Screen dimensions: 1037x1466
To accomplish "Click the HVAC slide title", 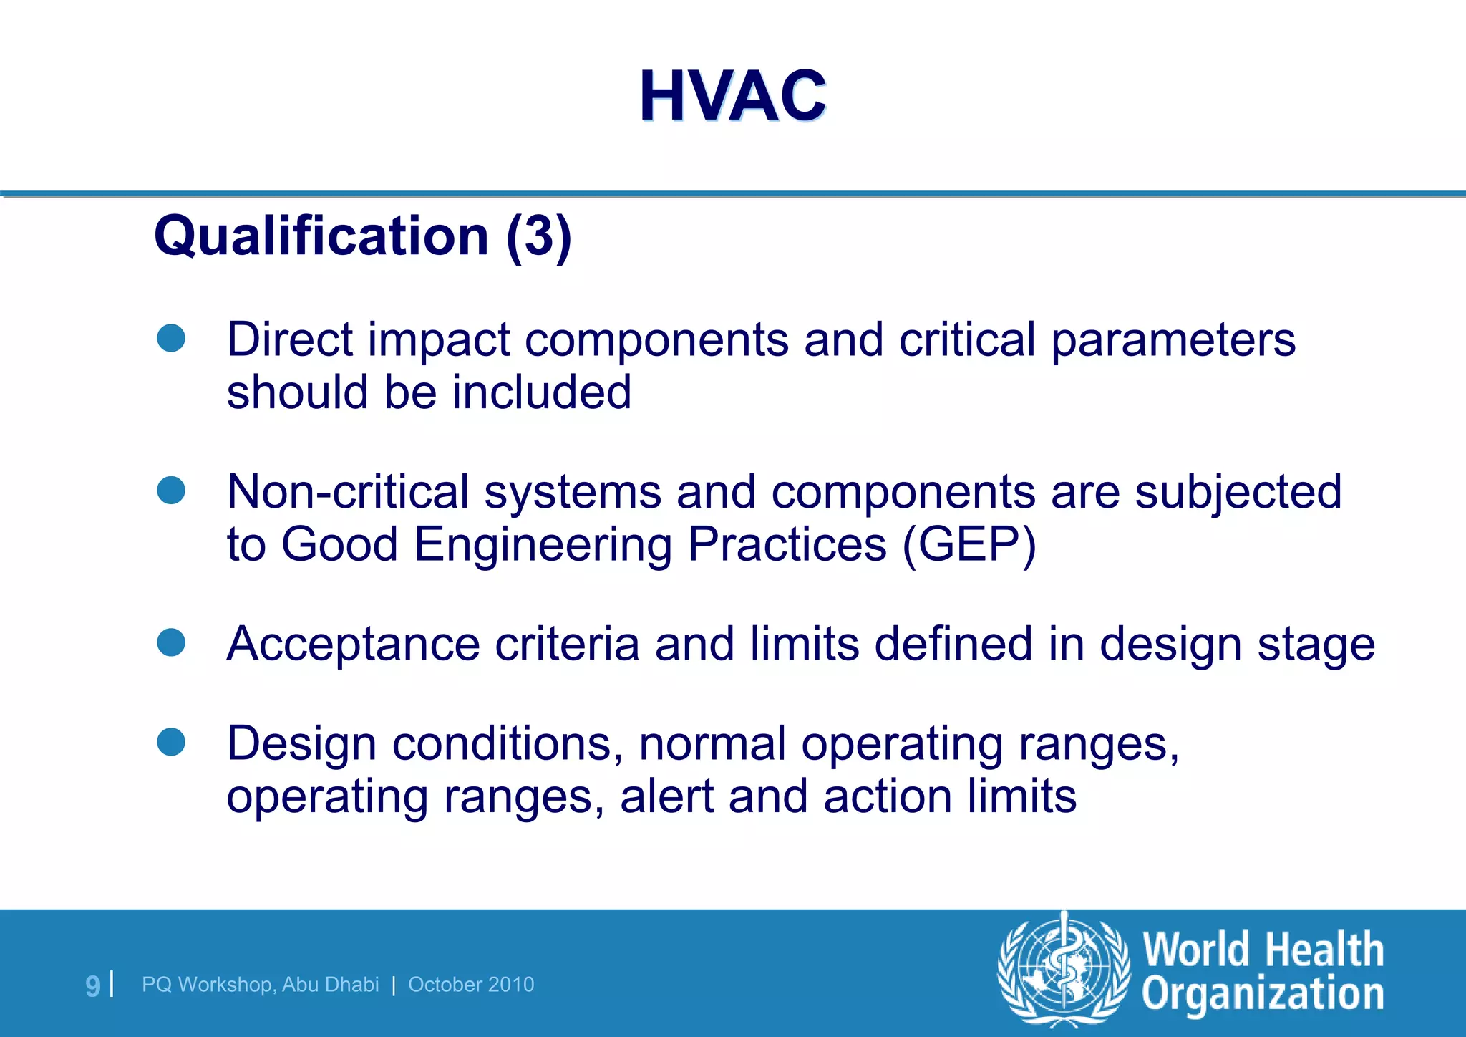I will (732, 96).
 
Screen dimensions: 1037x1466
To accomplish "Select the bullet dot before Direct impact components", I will (171, 338).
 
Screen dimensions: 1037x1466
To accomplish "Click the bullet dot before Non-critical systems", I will (171, 491).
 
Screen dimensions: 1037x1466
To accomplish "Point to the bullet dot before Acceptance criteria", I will (171, 642).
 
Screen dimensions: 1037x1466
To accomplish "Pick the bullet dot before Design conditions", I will (171, 742).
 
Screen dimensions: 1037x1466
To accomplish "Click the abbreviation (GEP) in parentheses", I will (969, 545).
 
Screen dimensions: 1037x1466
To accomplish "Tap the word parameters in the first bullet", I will (1173, 341).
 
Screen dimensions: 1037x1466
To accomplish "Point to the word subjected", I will (1238, 493).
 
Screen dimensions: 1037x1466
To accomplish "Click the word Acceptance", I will (353, 645).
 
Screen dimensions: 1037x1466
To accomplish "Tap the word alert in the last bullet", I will (666, 796).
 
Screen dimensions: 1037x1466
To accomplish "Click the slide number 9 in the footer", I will (93, 986).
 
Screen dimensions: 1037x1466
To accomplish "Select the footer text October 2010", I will (471, 985).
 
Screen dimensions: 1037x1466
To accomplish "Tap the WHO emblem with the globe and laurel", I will (1064, 970).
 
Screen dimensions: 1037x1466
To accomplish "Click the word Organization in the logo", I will (1262, 995).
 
